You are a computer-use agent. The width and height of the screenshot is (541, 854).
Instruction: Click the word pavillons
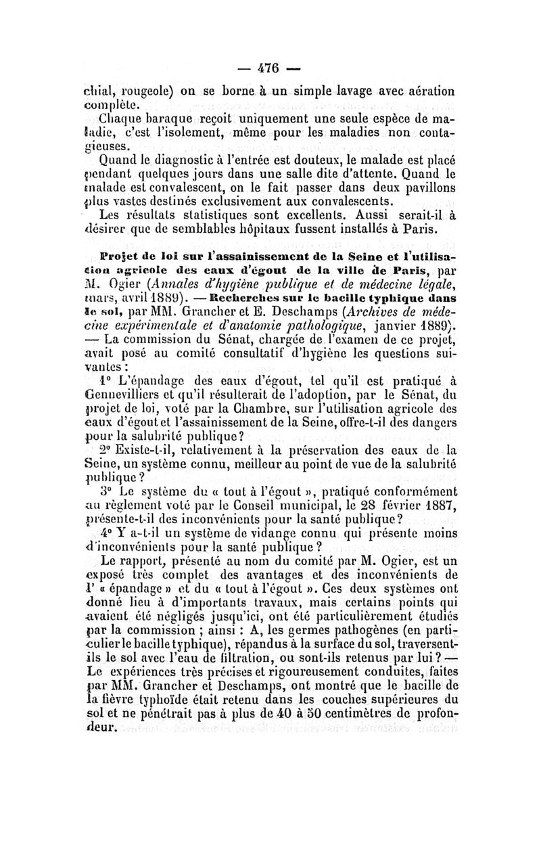click(427, 189)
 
